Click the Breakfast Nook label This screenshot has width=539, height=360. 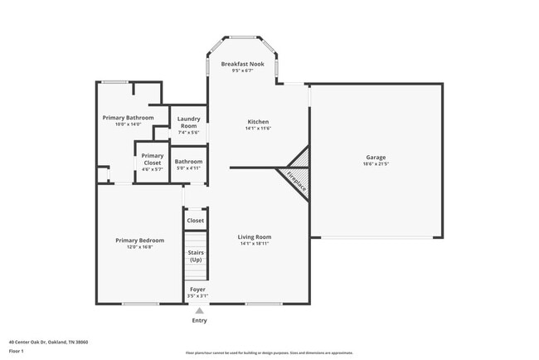(242, 64)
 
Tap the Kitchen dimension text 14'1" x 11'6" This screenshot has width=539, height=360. (258, 129)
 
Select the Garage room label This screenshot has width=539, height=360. (376, 157)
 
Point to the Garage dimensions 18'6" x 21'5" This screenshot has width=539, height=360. (376, 164)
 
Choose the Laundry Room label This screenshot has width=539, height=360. (188, 122)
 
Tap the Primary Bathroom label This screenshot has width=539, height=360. (128, 118)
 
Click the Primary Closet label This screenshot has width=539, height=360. (152, 159)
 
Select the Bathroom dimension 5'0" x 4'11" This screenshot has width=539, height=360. (188, 168)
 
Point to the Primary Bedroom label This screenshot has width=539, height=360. (139, 241)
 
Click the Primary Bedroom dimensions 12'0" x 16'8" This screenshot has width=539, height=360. (139, 247)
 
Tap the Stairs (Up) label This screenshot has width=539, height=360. (196, 255)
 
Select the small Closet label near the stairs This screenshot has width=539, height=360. (196, 221)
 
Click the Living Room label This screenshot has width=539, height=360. (255, 236)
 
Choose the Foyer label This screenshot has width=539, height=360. (197, 289)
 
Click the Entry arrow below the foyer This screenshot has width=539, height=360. (199, 311)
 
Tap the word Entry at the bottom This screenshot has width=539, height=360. (199, 320)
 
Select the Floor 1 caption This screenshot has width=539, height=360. (17, 351)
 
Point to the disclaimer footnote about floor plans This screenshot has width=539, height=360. (269, 353)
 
